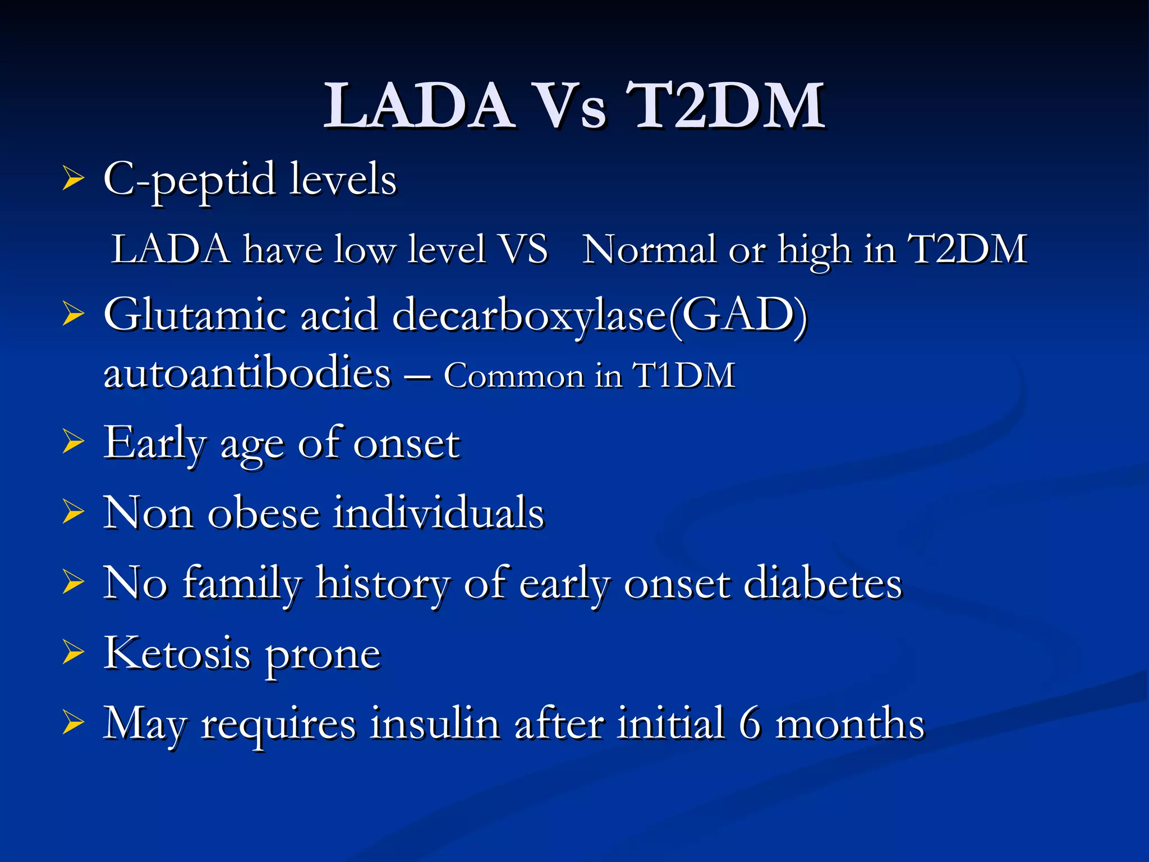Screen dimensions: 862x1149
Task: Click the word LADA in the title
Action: [x=418, y=106]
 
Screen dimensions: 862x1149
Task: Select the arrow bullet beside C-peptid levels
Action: [x=73, y=179]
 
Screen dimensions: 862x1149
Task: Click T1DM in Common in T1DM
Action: [x=684, y=375]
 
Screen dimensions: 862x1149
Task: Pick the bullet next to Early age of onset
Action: [x=73, y=442]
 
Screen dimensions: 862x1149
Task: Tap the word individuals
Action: [x=438, y=513]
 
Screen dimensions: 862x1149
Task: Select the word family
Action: [x=242, y=584]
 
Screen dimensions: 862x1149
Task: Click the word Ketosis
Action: [x=177, y=654]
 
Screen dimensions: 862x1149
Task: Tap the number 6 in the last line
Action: [x=750, y=723]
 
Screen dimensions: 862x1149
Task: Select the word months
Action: [x=849, y=723]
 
